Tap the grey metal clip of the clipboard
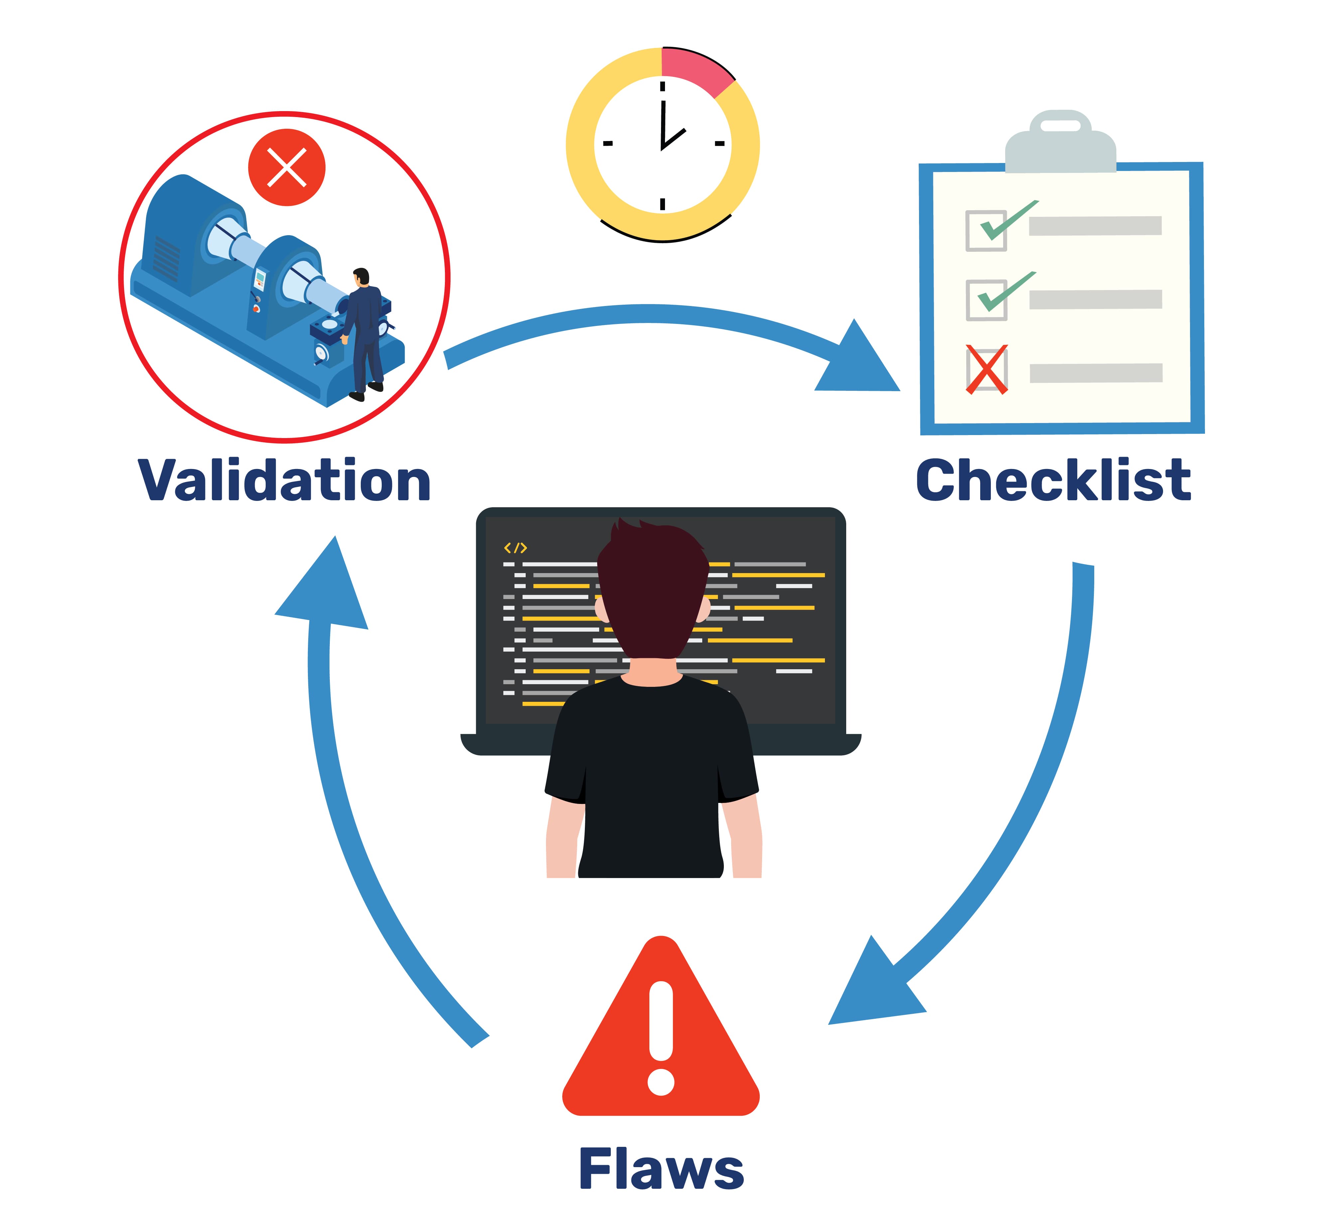click(x=1060, y=143)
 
